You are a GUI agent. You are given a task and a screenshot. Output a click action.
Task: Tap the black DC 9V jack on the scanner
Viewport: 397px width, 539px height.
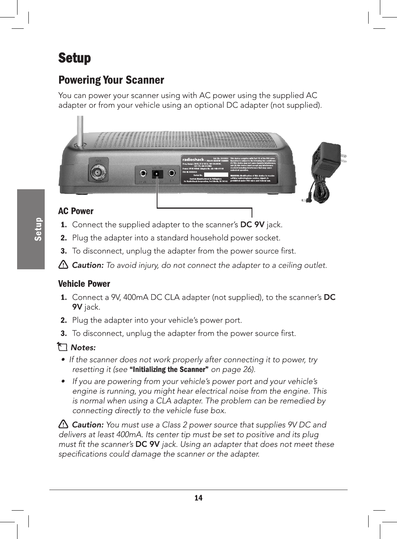pyautogui.click(x=157, y=173)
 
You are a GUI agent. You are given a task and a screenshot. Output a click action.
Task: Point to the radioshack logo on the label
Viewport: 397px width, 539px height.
pyautogui.click(x=194, y=159)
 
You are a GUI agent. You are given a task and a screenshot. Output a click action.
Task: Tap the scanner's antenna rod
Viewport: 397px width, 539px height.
pyautogui.click(x=80, y=130)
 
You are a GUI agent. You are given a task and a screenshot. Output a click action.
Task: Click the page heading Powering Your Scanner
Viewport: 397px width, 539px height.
pyautogui.click(x=111, y=80)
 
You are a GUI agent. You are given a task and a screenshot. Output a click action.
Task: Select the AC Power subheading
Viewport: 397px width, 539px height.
pyautogui.click(x=76, y=211)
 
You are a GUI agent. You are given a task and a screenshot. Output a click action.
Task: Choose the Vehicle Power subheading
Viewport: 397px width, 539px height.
pyautogui.click(x=84, y=284)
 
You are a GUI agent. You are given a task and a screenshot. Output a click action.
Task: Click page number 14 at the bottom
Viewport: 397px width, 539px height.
pyautogui.click(x=198, y=498)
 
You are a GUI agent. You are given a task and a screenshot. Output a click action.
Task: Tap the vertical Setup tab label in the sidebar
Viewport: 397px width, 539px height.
pyautogui.click(x=38, y=229)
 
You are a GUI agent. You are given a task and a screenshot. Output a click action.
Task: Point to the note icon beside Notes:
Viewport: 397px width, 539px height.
pyautogui.click(x=62, y=347)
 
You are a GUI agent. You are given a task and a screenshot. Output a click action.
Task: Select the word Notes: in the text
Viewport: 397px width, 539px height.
pyautogui.click(x=83, y=347)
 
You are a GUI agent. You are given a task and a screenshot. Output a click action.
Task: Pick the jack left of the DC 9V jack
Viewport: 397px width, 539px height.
pyautogui.click(x=143, y=173)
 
